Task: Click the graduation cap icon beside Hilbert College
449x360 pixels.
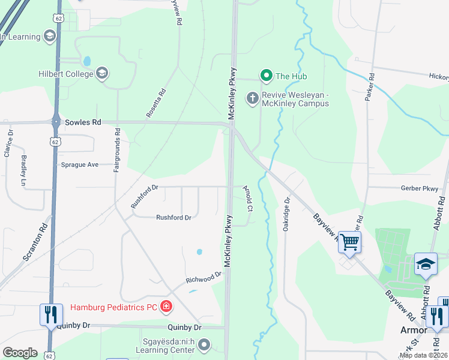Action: [x=102, y=74]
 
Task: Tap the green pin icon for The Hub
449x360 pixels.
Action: [x=266, y=76]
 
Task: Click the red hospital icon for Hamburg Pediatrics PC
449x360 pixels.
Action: [x=166, y=308]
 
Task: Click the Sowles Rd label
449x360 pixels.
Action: [x=83, y=122]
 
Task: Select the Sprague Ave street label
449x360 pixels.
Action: [x=79, y=164]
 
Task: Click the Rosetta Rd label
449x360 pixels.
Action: [x=155, y=103]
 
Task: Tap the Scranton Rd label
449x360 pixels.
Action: [x=35, y=242]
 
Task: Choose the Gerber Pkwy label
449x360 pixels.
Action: [x=419, y=188]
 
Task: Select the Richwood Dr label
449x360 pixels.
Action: [x=203, y=277]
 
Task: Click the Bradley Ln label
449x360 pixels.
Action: [x=24, y=170]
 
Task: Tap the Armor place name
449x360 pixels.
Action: [x=414, y=331]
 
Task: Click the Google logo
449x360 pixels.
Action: [x=20, y=353]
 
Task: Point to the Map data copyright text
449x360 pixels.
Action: [x=423, y=355]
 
